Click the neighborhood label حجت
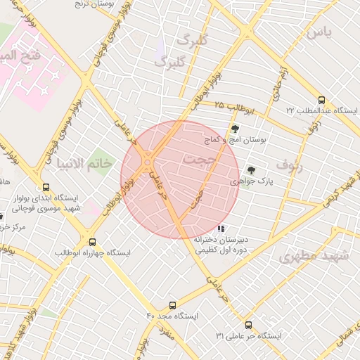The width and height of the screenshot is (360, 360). click(199, 160)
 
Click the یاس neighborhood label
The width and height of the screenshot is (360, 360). click(318, 32)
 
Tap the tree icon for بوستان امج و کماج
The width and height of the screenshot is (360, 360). click(234, 129)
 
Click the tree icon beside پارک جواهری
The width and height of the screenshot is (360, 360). click(251, 169)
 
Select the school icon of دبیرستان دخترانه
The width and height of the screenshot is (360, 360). click(221, 228)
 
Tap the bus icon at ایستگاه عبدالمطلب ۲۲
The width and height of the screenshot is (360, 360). click(321, 100)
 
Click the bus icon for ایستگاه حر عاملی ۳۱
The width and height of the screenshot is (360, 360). click(248, 325)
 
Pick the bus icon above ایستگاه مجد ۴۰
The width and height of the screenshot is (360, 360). click(173, 305)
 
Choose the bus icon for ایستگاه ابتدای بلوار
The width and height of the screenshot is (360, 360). click(46, 188)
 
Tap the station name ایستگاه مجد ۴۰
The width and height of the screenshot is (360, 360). click(172, 316)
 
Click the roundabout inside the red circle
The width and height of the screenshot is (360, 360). click(148, 163)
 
